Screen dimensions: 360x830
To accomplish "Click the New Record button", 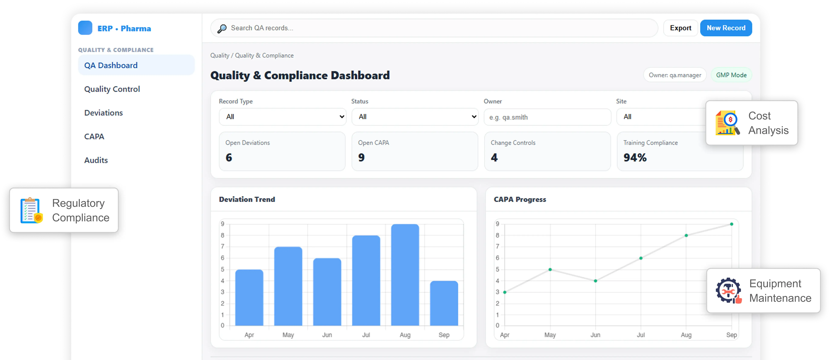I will click(726, 28).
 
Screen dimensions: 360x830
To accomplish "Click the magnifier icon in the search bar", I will click(222, 29).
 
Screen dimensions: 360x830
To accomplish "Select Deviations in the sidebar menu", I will click(103, 113).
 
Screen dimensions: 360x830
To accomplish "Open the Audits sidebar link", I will click(96, 160).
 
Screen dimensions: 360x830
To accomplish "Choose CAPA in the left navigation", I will click(94, 137).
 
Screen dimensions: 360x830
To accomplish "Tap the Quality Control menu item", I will click(112, 89).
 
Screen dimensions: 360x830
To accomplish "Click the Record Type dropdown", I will click(282, 117).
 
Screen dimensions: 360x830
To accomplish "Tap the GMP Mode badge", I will click(731, 75).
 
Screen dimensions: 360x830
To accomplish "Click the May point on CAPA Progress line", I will click(550, 269).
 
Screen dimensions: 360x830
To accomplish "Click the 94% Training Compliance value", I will click(635, 158).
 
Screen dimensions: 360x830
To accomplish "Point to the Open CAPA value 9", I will click(362, 158).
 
